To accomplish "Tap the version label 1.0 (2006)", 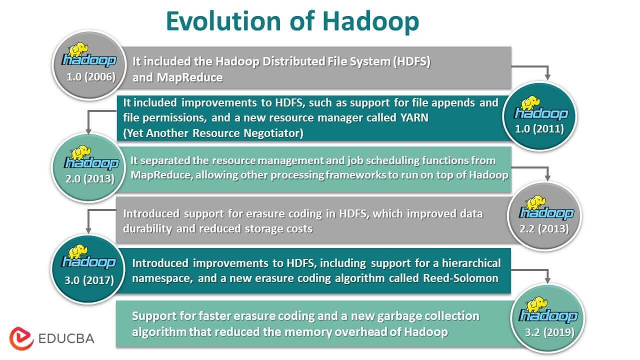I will (91, 77).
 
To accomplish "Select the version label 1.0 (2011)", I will (539, 128).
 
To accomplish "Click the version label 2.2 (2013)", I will (544, 229).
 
